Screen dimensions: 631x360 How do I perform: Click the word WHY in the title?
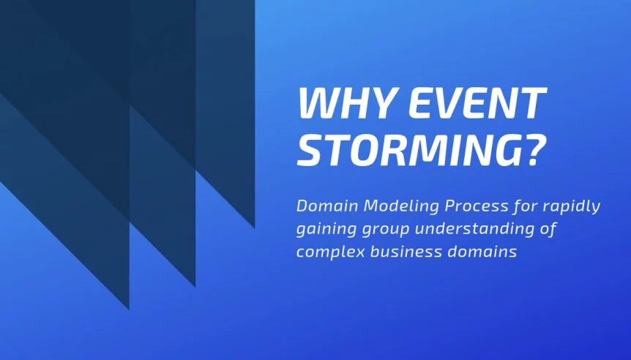click(346, 102)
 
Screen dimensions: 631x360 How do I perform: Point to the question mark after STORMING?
click(536, 149)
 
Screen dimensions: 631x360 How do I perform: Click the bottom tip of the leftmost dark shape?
click(129, 309)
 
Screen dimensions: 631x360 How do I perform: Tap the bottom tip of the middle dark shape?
click(195, 286)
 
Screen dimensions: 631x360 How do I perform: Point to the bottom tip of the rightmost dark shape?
click(254, 228)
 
